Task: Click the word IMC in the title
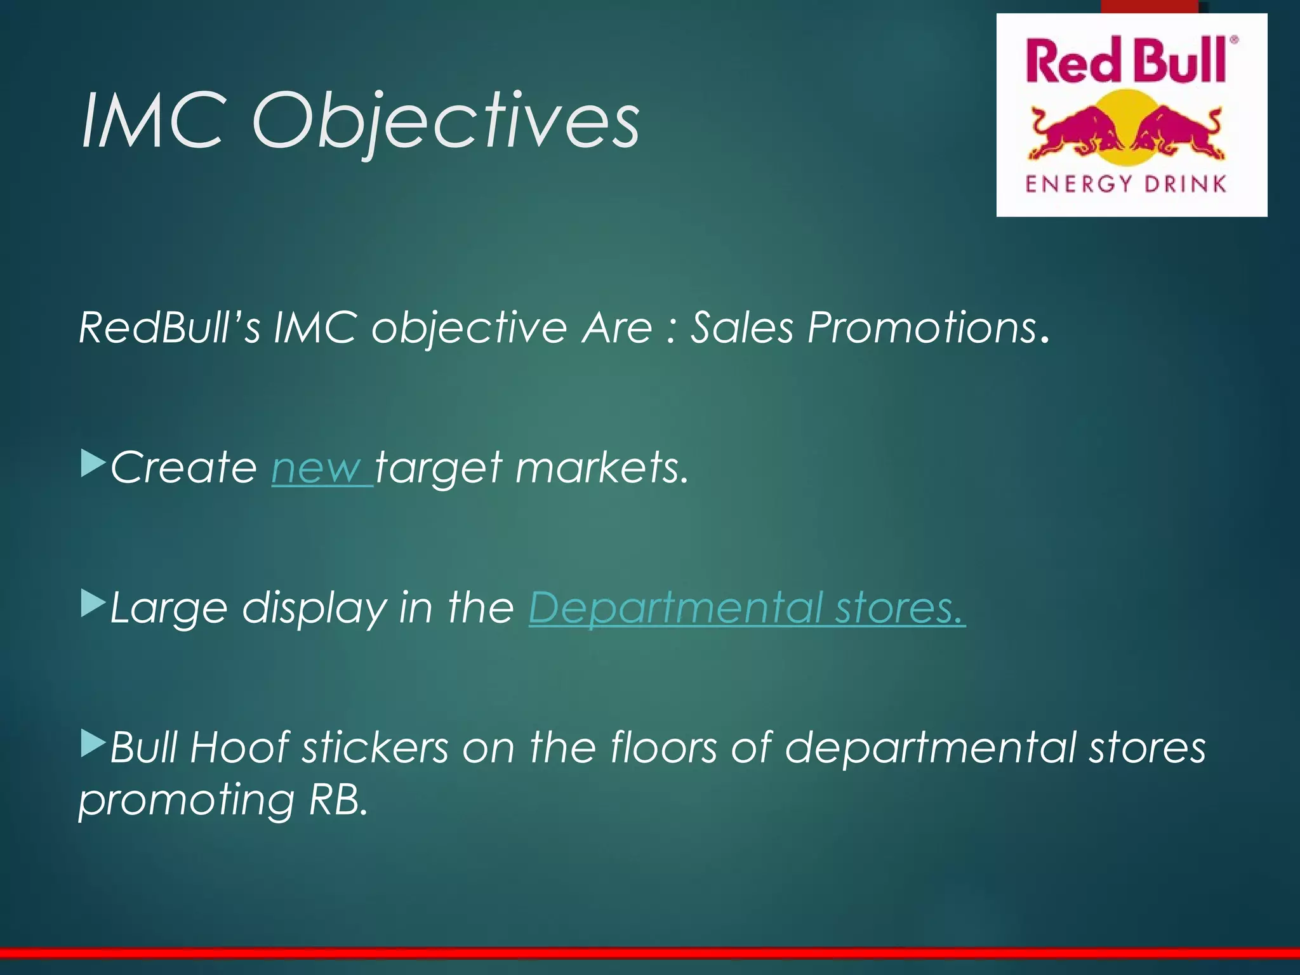[152, 121]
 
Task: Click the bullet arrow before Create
[93, 463]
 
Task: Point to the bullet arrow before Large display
[93, 604]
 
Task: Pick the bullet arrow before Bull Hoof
[93, 743]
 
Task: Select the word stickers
[375, 748]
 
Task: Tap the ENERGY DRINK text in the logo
[1125, 184]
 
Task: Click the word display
[314, 608]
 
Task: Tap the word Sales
[741, 328]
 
